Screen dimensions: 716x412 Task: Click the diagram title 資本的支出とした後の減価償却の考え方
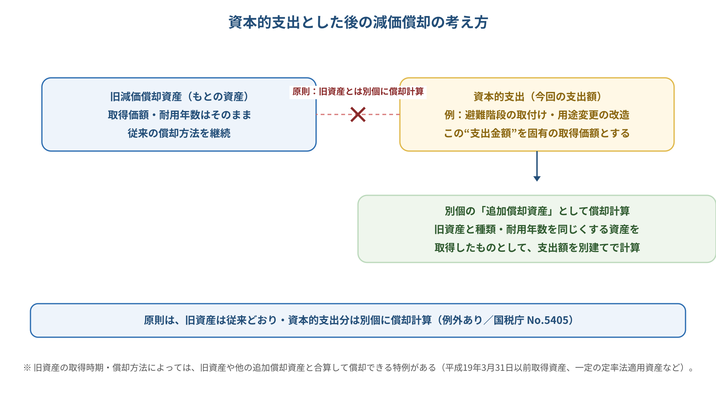click(358, 22)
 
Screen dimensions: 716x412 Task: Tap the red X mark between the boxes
click(358, 114)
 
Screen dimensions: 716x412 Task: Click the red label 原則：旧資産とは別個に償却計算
click(358, 92)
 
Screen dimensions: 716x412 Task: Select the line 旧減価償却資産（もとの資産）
click(179, 97)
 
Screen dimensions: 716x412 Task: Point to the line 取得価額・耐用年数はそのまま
click(179, 115)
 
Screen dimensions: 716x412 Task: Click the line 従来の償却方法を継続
click(179, 133)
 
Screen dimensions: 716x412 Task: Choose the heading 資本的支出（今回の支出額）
click(537, 97)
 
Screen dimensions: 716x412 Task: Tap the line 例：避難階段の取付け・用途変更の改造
click(537, 115)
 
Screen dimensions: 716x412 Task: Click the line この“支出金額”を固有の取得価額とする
click(537, 133)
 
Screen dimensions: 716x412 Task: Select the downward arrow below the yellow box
click(537, 166)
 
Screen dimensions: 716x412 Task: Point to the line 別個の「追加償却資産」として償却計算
click(537, 211)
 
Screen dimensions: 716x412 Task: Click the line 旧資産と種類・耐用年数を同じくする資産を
click(537, 229)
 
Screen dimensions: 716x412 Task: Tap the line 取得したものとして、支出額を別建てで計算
click(537, 248)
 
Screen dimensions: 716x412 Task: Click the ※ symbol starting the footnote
click(27, 368)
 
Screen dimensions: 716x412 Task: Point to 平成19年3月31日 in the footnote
click(477, 368)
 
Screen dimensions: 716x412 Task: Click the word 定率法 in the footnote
click(615, 368)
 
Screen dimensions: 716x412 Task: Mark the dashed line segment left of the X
click(333, 114)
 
